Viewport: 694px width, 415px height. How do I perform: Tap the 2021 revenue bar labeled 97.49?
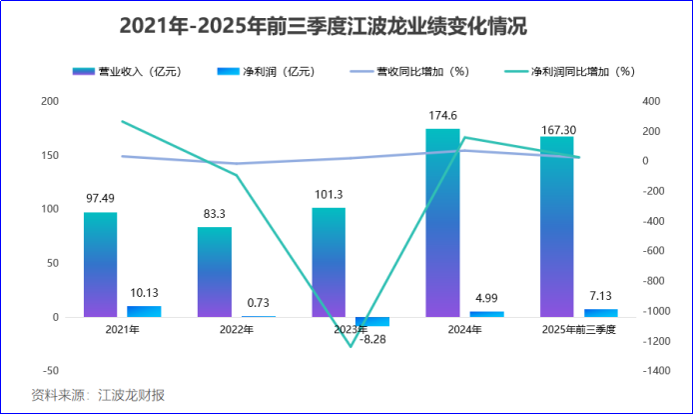point(100,265)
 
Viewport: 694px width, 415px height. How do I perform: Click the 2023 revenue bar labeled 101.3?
point(329,262)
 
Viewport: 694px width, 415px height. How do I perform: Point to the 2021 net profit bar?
point(144,311)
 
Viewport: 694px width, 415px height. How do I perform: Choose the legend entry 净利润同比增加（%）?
point(569,72)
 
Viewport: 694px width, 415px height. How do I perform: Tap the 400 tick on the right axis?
point(652,101)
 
